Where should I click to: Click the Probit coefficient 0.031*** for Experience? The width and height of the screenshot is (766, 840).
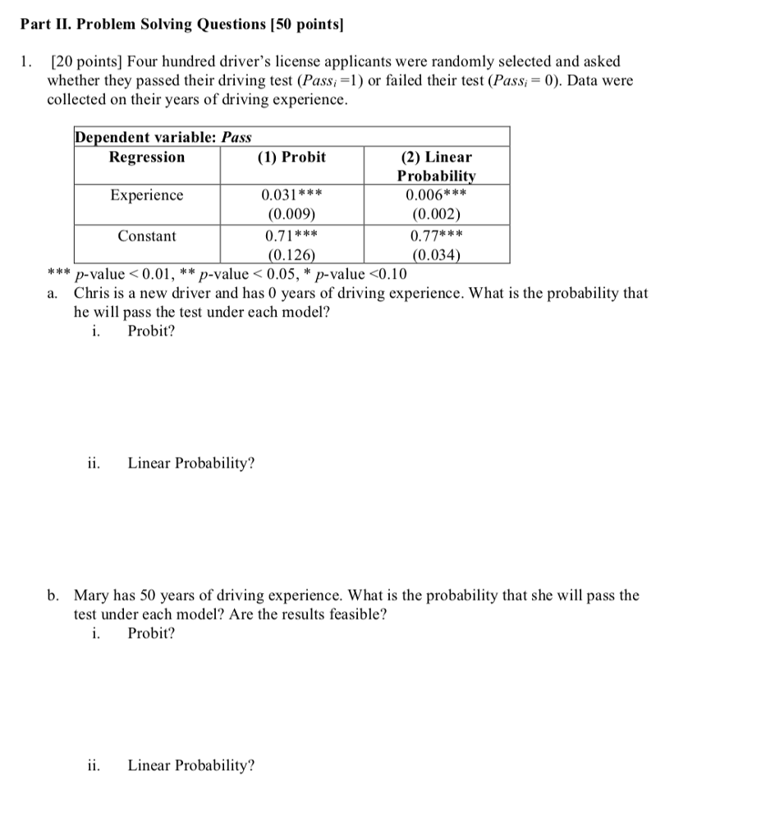[x=291, y=195]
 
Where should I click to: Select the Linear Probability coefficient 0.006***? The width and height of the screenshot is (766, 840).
[x=436, y=195]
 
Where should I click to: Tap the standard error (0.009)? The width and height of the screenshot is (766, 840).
[x=291, y=215]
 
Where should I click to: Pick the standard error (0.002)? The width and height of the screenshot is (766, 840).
[x=436, y=215]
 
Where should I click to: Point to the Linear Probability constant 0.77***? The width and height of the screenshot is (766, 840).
[x=436, y=236]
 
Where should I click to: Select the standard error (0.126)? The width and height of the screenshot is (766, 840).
[x=291, y=254]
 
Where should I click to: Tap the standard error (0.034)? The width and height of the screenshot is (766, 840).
[x=436, y=254]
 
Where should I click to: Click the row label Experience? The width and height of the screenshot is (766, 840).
[x=147, y=195]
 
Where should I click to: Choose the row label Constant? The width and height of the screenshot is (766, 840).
[x=147, y=236]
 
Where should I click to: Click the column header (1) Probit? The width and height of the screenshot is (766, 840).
[x=291, y=157]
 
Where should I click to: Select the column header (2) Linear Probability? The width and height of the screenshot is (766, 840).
[x=436, y=166]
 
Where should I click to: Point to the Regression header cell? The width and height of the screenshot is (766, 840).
[x=147, y=157]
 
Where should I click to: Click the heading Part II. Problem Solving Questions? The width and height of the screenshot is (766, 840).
[x=181, y=25]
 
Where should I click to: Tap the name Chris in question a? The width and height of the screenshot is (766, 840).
[x=91, y=293]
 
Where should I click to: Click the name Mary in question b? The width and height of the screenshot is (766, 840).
[x=91, y=596]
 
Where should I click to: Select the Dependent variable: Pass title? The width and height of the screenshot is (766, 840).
[x=163, y=137]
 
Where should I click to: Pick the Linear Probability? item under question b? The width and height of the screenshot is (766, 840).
[x=190, y=765]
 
